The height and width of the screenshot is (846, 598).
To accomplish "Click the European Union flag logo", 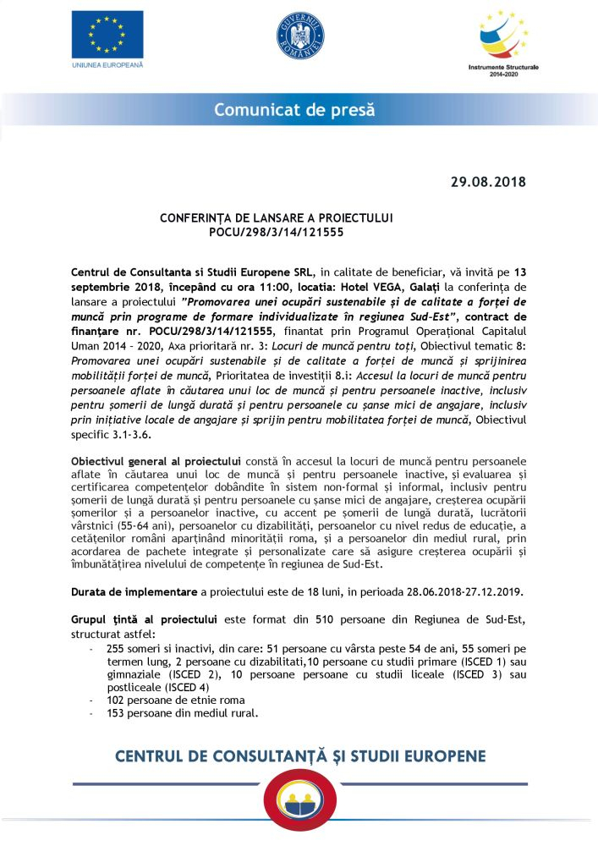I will tap(107, 35).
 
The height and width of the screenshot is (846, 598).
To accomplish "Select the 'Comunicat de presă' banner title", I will tap(294, 110).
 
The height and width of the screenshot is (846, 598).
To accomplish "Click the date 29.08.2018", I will tap(488, 181).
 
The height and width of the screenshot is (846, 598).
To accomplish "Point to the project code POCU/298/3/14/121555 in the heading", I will tap(277, 230).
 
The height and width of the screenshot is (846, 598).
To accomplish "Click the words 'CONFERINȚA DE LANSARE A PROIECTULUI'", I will tap(277, 217).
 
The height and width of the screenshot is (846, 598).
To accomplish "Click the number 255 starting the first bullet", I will tap(116, 647).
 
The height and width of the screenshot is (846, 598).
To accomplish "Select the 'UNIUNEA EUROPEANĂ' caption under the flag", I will tap(107, 64).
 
